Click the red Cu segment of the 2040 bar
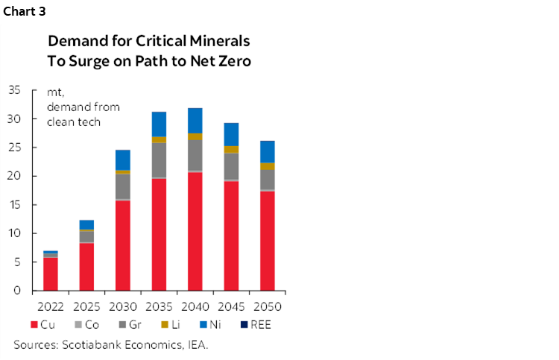195,231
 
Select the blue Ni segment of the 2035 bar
159,124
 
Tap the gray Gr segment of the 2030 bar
123,186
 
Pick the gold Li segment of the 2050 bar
267,166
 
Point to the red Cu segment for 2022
51,274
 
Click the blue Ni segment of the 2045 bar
231,134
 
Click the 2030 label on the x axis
123,306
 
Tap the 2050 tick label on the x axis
267,306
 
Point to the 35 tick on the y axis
14,90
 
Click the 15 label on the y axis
14,205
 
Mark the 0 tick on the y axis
17,291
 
